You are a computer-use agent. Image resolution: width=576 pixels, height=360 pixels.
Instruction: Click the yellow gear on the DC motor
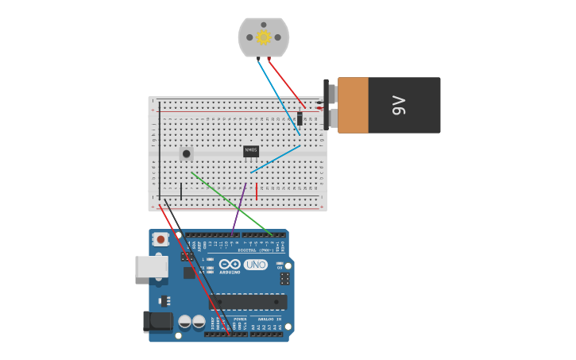pyautogui.click(x=264, y=37)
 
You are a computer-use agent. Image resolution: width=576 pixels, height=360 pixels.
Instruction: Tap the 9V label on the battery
pyautogui.click(x=399, y=105)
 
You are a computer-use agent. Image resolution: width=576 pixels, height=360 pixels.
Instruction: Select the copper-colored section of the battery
pyautogui.click(x=353, y=105)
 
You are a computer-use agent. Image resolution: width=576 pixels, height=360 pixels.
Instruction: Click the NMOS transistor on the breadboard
pyautogui.click(x=251, y=150)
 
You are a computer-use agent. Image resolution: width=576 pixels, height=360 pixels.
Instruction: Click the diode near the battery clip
pyautogui.click(x=300, y=118)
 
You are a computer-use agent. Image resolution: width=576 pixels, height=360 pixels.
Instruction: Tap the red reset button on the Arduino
pyautogui.click(x=160, y=238)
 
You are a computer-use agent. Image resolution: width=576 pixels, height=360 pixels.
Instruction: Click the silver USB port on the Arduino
pyautogui.click(x=150, y=266)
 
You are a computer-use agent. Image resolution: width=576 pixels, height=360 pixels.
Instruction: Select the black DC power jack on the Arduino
pyautogui.click(x=157, y=321)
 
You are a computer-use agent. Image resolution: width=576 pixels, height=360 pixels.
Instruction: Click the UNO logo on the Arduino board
pyautogui.click(x=255, y=265)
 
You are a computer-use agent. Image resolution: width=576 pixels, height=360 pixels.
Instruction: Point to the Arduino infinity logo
pyautogui.click(x=230, y=265)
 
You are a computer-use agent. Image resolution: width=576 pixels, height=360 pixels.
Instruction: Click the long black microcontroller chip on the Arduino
pyautogui.click(x=248, y=302)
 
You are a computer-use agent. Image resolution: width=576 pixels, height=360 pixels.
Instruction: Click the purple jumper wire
pyautogui.click(x=239, y=207)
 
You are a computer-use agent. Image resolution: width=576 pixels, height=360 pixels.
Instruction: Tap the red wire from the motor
pyautogui.click(x=286, y=83)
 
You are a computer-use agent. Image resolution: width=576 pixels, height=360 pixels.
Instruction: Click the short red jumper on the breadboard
pyautogui.click(x=257, y=191)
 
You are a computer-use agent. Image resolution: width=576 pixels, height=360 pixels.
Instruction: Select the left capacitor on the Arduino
pyautogui.click(x=184, y=322)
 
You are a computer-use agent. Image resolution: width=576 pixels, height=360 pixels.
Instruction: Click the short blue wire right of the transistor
pyautogui.click(x=276, y=159)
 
